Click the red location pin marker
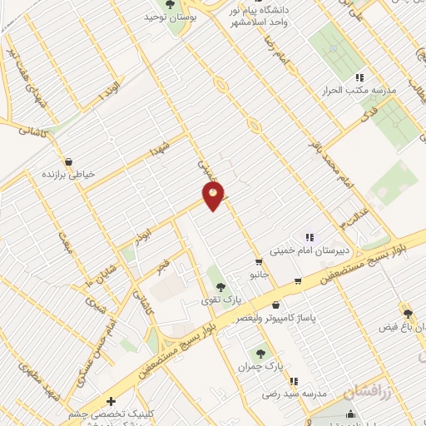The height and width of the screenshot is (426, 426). click(x=214, y=197)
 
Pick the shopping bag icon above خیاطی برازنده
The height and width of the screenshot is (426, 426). click(x=68, y=161)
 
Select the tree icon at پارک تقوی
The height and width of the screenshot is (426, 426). click(x=220, y=287)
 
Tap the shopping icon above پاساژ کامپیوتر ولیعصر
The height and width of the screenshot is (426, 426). click(x=275, y=305)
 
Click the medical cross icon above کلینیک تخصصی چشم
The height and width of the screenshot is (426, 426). click(x=111, y=402)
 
